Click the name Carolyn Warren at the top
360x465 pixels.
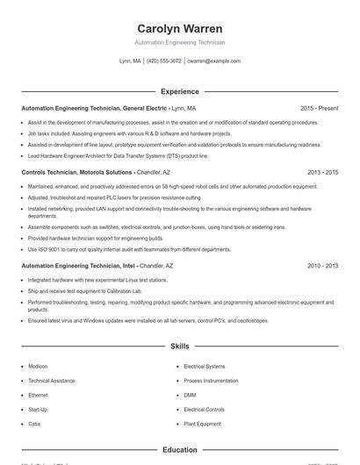(180, 28)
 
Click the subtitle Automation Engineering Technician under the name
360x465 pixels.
(180, 42)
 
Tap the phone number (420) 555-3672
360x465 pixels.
(164, 61)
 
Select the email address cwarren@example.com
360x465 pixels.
(213, 61)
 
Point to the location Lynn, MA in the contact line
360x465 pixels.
(130, 61)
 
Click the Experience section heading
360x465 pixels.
(180, 91)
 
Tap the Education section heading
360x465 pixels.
(180, 450)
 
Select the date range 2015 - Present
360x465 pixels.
(319, 108)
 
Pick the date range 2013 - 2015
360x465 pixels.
(322, 172)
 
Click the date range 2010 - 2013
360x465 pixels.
(322, 265)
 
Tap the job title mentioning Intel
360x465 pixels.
(79, 265)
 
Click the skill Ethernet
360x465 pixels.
(38, 395)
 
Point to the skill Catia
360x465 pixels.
(34, 424)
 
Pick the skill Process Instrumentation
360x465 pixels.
(212, 381)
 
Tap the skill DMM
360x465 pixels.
(190, 395)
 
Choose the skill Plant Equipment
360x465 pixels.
(203, 424)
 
